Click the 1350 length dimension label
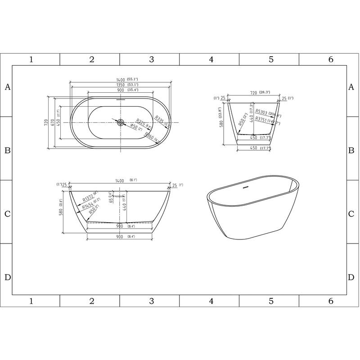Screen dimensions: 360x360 (119, 85)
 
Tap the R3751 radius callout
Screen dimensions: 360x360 (261, 119)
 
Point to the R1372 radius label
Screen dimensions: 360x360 (88, 199)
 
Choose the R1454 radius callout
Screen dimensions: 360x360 (88, 206)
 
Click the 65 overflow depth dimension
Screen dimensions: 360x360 (111, 200)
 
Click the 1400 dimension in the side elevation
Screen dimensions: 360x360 (119, 180)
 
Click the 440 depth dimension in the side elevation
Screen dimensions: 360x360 (124, 207)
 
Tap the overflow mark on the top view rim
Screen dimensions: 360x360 (120, 100)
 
